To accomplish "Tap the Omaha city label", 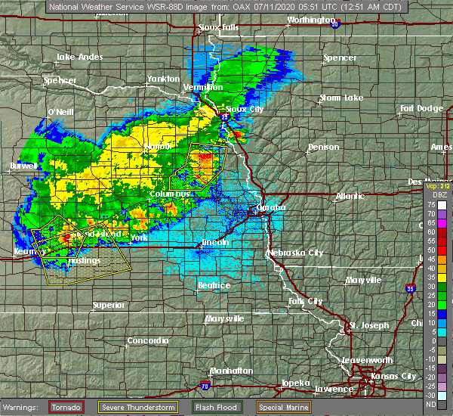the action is point(270,207).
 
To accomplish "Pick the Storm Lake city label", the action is point(341,98).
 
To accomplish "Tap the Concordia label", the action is point(148,340).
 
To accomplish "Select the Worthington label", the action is point(310,20).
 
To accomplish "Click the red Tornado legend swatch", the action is point(66,407).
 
